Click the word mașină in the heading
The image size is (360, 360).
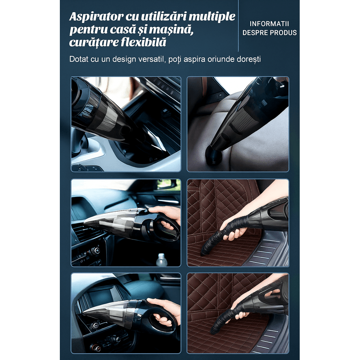tap(173, 30)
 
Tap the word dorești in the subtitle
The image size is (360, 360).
tap(247, 59)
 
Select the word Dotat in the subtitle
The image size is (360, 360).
tap(79, 59)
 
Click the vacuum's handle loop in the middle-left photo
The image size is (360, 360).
tap(165, 228)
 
